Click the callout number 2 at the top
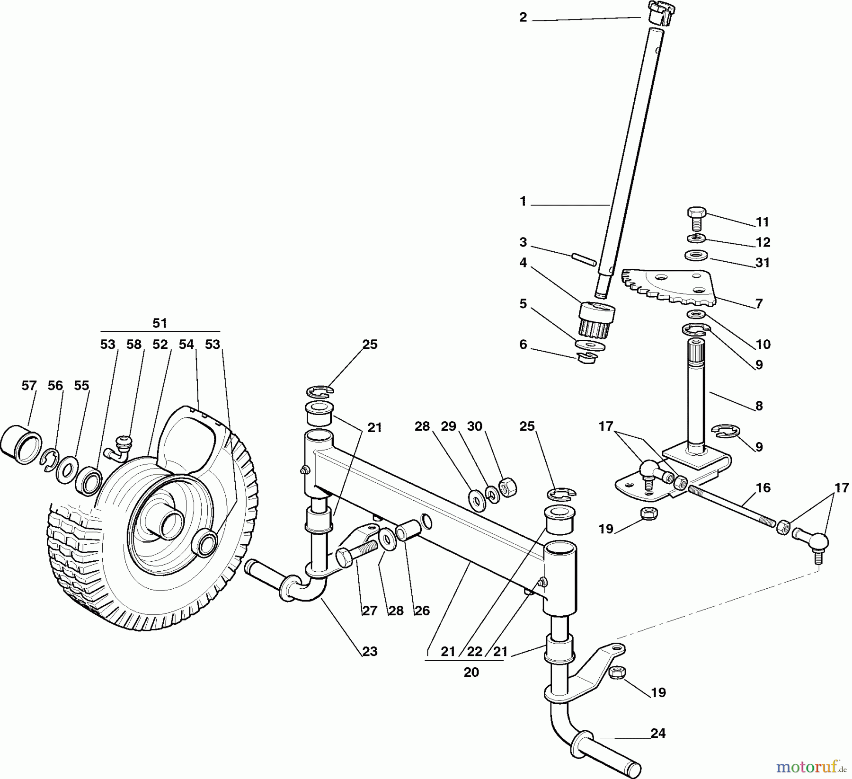(x=523, y=18)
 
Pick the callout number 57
(x=29, y=385)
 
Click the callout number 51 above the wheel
(x=160, y=323)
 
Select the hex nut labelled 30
(x=507, y=488)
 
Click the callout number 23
(x=370, y=651)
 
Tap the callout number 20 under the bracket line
(x=471, y=672)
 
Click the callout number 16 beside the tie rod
(x=763, y=487)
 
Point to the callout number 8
(x=759, y=406)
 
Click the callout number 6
(x=523, y=344)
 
